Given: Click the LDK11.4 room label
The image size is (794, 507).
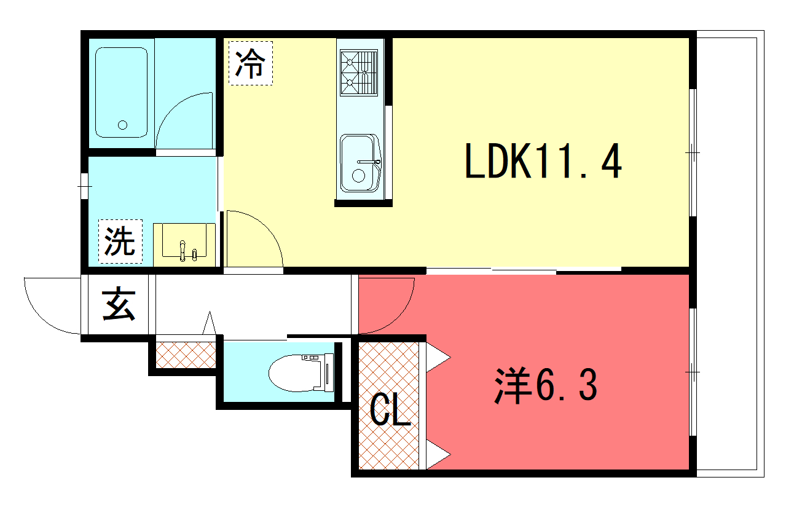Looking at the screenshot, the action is (x=543, y=160).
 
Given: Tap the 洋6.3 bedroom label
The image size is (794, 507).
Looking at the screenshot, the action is (x=546, y=385).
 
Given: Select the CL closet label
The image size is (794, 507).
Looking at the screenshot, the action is (x=390, y=410).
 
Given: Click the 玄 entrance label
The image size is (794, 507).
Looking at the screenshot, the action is (x=119, y=304).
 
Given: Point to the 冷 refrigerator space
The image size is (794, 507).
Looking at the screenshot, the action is (x=251, y=63).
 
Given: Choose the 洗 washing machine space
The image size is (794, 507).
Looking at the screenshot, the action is (x=120, y=242).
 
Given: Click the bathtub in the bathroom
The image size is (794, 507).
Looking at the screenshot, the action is (x=121, y=93).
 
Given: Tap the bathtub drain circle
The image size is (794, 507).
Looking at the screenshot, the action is (x=123, y=125).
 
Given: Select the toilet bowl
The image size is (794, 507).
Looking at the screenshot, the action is (x=301, y=372).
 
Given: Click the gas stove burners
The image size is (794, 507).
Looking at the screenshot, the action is (x=359, y=73).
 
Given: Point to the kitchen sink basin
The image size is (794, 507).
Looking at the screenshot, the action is (x=360, y=163).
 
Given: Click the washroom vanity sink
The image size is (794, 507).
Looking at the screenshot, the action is (x=184, y=241).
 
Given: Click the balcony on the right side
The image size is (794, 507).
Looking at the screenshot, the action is (x=730, y=253).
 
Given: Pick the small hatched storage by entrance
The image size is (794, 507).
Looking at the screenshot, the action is (x=186, y=355).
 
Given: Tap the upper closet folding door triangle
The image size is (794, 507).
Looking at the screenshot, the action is (x=438, y=357).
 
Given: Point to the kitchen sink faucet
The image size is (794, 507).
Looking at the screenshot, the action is (x=369, y=162).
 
